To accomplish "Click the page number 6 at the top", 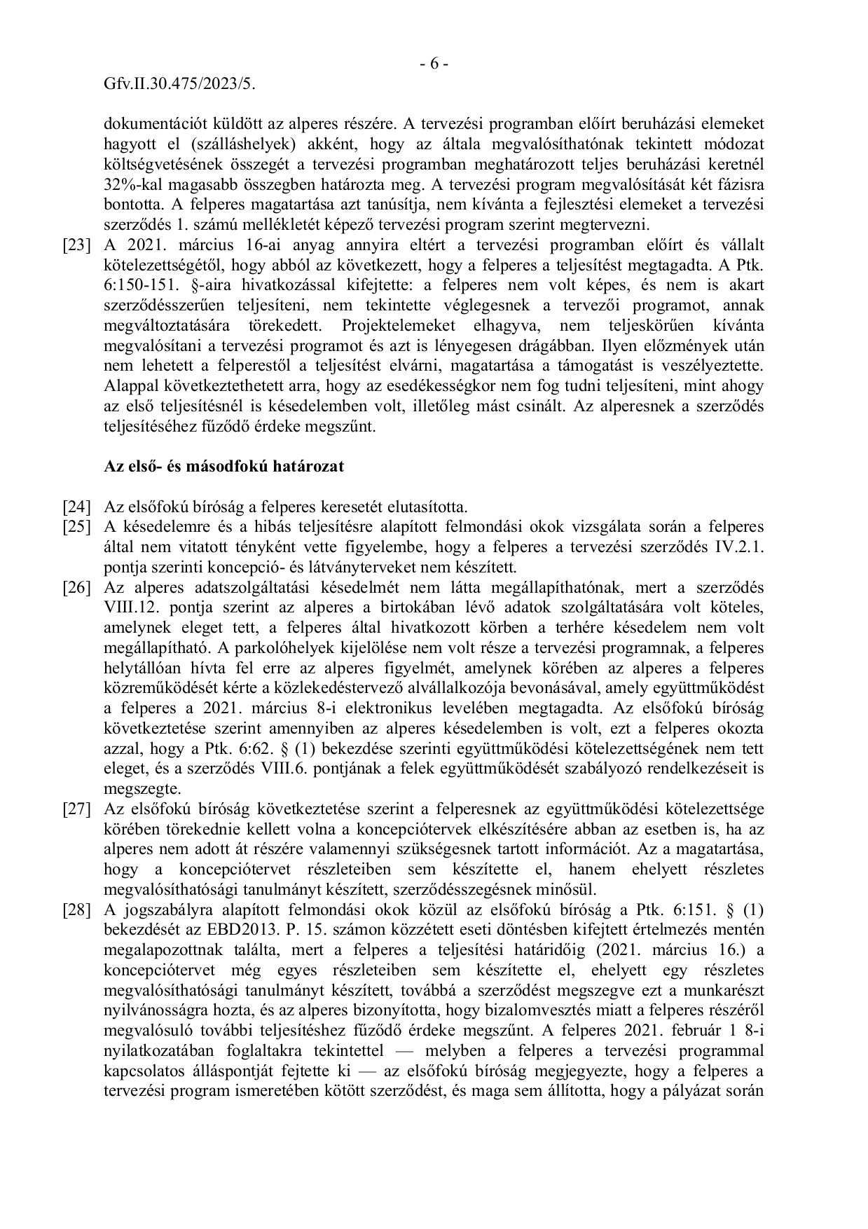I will tap(434, 64).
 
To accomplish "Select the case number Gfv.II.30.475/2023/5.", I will tap(179, 84).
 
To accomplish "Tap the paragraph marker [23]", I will tap(77, 245).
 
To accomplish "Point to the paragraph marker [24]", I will tap(77, 507).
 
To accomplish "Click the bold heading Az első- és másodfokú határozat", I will tap(224, 467).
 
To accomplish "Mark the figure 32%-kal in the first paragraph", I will tap(130, 185).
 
